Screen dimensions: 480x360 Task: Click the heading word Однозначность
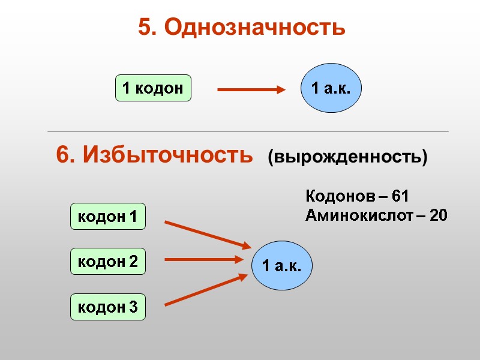point(254,27)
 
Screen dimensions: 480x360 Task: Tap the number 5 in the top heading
point(145,27)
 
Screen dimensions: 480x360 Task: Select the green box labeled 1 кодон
point(153,88)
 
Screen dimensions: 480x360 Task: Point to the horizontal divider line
point(247,131)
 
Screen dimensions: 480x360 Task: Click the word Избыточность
point(167,155)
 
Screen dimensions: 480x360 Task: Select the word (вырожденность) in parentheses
point(347,157)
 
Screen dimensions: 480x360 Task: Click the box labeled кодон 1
point(108,216)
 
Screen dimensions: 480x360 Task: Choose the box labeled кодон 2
point(108,262)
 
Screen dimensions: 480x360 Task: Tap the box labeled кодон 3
point(108,307)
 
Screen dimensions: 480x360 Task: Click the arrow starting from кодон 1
point(207,235)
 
